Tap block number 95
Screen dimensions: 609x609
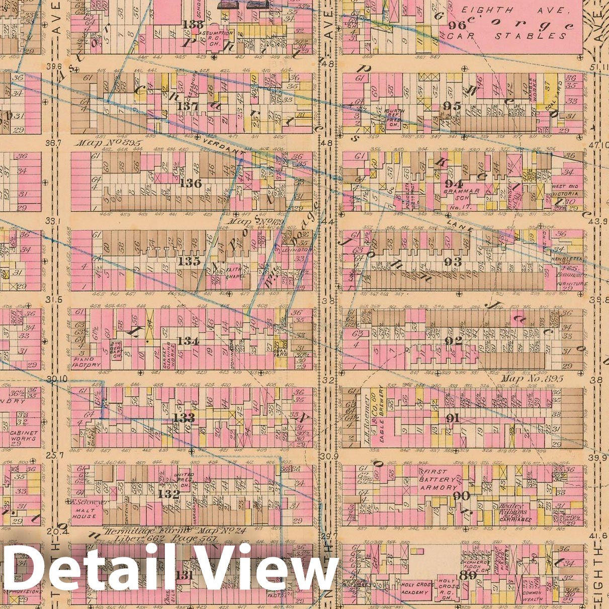pos(452,106)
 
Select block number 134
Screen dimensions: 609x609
pos(188,341)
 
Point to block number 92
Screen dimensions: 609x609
pos(453,340)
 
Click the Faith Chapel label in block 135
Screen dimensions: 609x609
pos(235,273)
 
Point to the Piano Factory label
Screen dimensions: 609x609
pos(87,362)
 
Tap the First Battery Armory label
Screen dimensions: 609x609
pos(439,480)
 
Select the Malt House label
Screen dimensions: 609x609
pos(83,513)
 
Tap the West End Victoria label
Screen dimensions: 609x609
pos(565,190)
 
